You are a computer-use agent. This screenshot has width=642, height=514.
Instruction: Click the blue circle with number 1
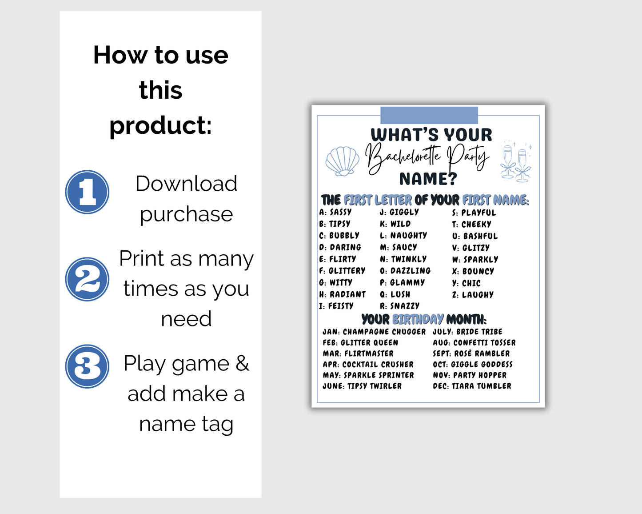tap(87, 192)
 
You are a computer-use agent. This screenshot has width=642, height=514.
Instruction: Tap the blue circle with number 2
tap(87, 279)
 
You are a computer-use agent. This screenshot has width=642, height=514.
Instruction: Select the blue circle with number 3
tap(87, 366)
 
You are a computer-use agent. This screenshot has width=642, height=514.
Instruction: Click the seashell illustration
tap(343, 161)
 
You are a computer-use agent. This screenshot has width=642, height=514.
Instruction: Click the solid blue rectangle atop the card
tap(429, 115)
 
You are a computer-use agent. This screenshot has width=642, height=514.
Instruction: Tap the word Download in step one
tap(186, 183)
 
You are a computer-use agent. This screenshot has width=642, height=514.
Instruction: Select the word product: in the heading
tap(160, 125)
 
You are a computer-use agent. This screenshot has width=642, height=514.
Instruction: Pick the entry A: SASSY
tap(335, 212)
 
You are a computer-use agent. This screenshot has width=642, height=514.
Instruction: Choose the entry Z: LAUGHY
tap(473, 295)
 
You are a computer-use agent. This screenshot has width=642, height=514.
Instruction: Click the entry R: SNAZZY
tap(399, 306)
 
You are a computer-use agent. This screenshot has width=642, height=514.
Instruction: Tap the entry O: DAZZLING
tap(405, 271)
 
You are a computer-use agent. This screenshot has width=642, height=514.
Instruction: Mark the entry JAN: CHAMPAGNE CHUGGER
tap(374, 332)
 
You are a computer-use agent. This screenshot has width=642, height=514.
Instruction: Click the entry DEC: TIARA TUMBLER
tap(472, 386)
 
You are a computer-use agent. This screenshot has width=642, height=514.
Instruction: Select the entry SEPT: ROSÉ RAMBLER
tap(471, 353)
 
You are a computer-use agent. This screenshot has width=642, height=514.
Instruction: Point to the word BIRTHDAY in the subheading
tap(418, 319)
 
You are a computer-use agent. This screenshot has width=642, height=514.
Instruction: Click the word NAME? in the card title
tap(428, 179)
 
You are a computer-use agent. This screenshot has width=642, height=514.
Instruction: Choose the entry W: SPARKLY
tap(475, 260)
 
